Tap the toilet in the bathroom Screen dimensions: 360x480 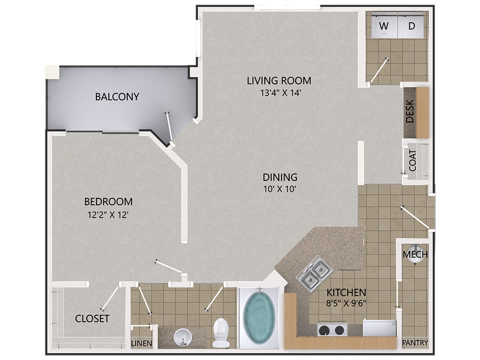point(220,332)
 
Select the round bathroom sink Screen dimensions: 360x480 point(183,336)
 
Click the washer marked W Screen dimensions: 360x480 point(384,26)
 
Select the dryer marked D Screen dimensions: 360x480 point(412,26)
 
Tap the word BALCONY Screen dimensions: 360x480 point(117,96)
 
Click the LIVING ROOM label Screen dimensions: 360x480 point(279,80)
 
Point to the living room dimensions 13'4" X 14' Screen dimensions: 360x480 point(279,93)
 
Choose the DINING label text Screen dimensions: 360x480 point(280,176)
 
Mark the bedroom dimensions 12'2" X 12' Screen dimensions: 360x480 point(108,215)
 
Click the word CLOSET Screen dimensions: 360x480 point(92,319)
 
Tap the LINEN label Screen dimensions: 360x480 point(142,343)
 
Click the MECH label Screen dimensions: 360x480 point(415,254)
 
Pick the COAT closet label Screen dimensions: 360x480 point(412,160)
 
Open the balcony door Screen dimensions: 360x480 point(169,128)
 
